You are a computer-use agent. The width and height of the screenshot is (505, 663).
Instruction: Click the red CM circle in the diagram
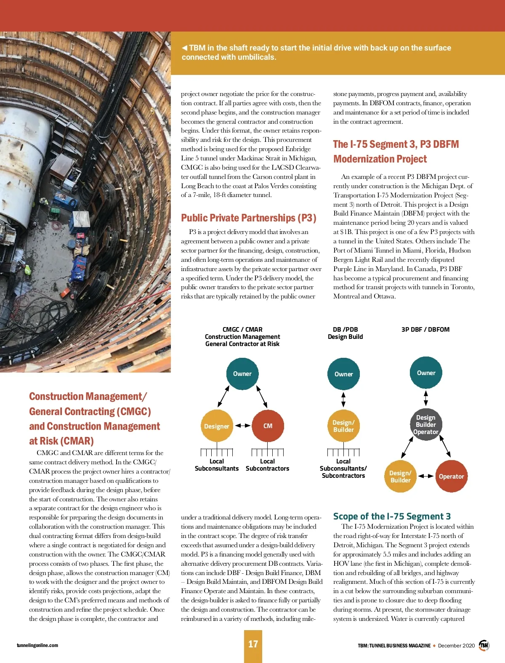click(x=268, y=426)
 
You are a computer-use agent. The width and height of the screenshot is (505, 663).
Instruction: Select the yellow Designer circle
click(x=217, y=426)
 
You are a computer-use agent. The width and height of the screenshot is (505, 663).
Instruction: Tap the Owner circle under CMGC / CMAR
click(x=242, y=373)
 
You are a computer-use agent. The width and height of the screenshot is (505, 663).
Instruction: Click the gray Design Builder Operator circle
click(x=426, y=424)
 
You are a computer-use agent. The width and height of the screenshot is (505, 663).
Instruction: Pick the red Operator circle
click(x=451, y=476)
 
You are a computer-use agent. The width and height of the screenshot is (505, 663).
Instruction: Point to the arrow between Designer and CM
click(x=242, y=426)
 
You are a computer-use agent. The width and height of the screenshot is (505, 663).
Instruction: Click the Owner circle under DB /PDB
click(x=343, y=374)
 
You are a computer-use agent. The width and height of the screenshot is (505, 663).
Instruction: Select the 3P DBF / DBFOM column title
click(x=425, y=330)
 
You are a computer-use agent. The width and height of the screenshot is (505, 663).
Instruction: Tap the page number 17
click(x=253, y=644)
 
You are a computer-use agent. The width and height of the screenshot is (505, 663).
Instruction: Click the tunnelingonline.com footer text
click(x=37, y=645)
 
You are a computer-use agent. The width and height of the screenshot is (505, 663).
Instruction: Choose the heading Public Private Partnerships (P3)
click(x=248, y=218)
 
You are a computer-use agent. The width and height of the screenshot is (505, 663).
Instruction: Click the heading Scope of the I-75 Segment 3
click(x=392, y=517)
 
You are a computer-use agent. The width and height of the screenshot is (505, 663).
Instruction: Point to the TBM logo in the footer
click(x=484, y=645)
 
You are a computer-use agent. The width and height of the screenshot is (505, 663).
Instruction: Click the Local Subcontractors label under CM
click(x=267, y=465)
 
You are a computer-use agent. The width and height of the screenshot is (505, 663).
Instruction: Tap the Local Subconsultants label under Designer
click(x=217, y=465)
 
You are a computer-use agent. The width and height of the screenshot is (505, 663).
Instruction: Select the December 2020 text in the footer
click(x=456, y=646)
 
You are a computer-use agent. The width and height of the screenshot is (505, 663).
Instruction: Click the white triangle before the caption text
click(x=184, y=48)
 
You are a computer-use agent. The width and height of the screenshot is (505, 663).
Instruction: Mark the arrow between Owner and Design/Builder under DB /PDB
click(x=343, y=399)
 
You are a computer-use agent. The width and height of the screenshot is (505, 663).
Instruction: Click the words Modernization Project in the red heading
click(x=380, y=159)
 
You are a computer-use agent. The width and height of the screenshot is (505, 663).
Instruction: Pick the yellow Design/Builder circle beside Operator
click(x=400, y=477)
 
